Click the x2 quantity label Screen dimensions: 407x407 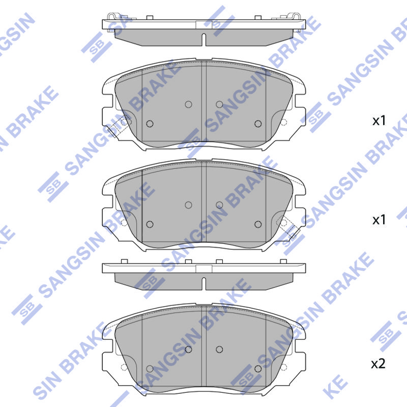378,364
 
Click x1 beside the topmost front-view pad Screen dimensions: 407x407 379,121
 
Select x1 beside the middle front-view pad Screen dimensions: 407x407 379,220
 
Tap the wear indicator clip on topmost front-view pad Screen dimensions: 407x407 117,126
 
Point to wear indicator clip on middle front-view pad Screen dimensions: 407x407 288,226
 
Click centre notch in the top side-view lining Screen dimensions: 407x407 204,40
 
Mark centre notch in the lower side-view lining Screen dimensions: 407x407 204,283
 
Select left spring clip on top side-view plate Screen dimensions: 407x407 111,16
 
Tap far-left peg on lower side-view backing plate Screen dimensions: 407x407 124,261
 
